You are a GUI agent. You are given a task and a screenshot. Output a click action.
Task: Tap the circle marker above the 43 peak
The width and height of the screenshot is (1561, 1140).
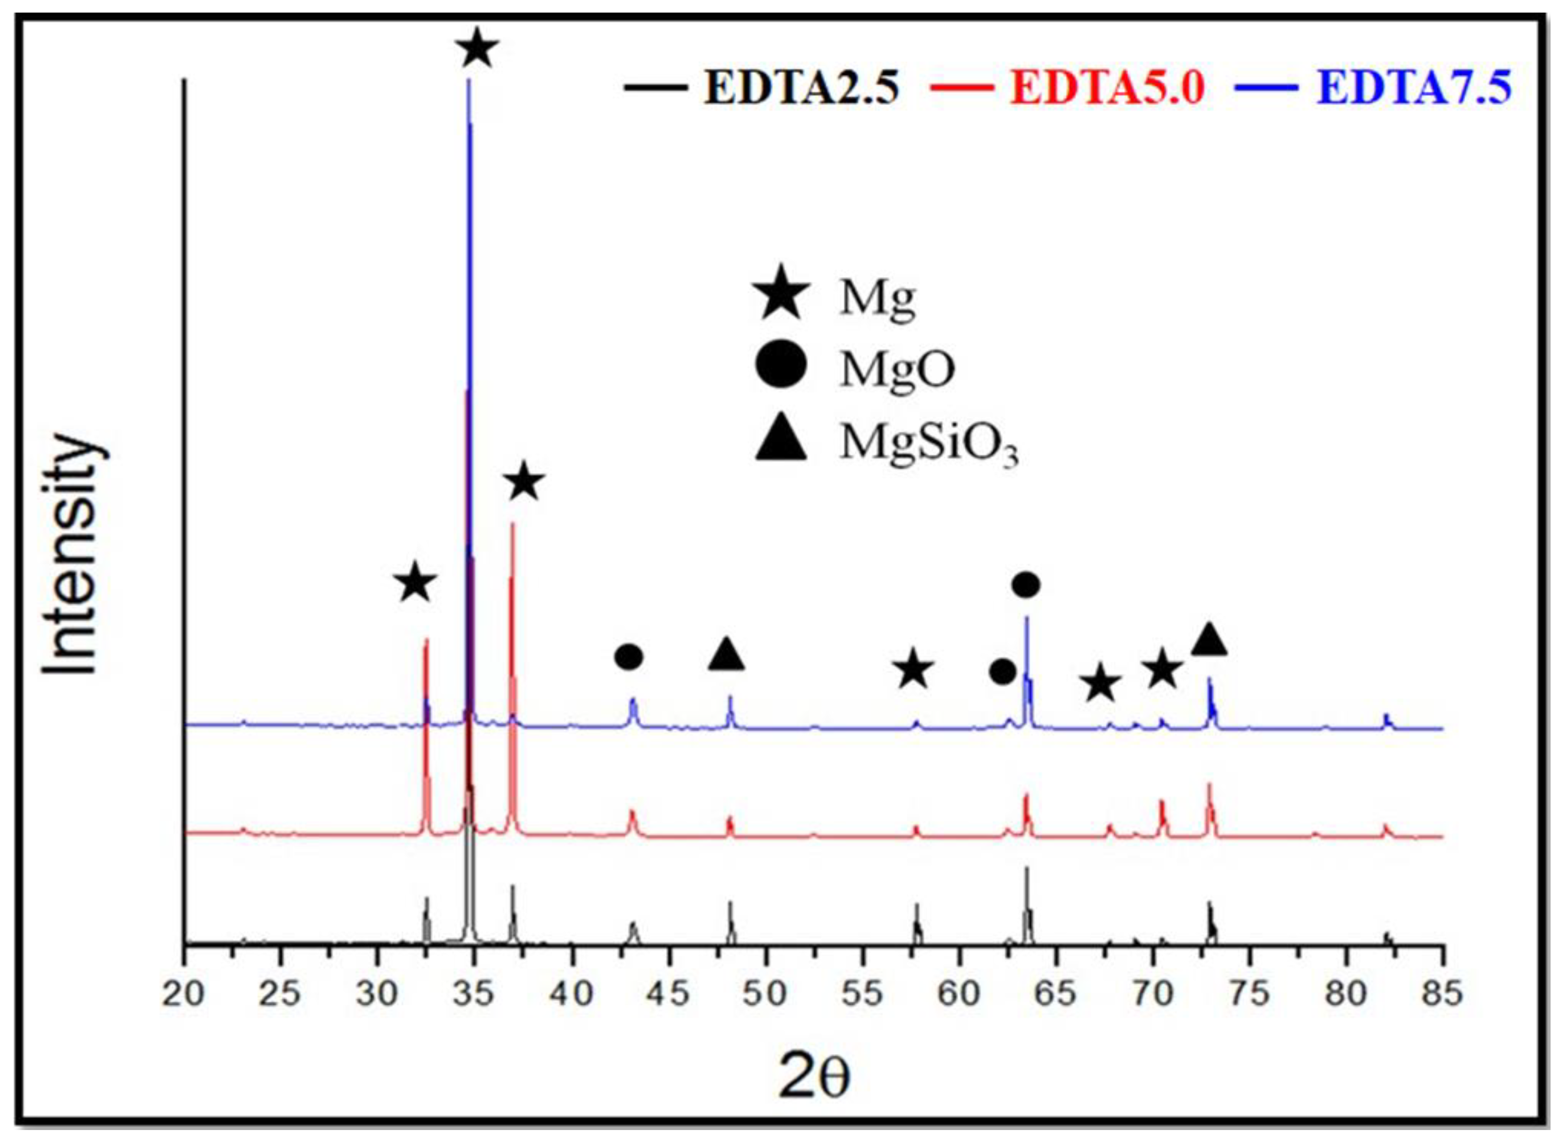click(x=628, y=658)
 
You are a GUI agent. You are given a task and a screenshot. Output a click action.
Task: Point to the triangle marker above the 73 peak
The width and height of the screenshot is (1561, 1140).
click(x=1210, y=640)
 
